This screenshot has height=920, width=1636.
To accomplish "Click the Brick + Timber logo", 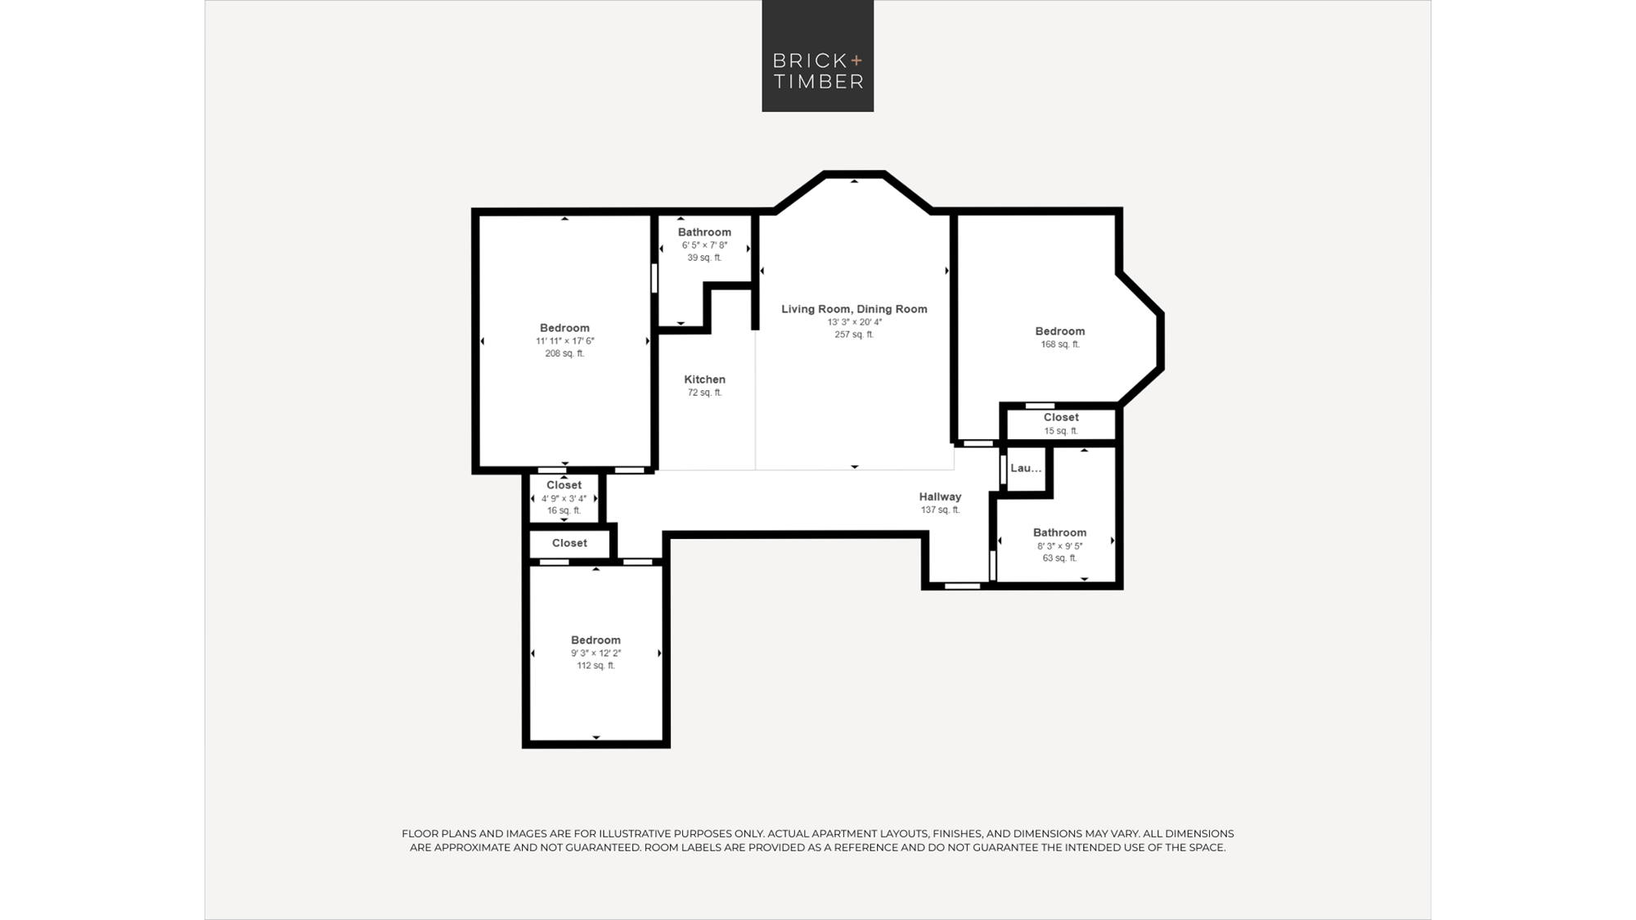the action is point(817,56).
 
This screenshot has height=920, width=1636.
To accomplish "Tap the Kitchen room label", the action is point(704,379).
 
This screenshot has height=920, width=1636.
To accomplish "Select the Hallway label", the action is point(940,496).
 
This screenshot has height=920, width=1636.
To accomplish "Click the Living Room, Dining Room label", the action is point(854,309).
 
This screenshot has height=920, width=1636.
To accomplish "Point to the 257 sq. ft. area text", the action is point(854,334).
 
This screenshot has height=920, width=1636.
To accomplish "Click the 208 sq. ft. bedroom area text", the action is point(564,353).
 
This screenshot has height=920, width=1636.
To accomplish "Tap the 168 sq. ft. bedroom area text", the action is point(1060,344).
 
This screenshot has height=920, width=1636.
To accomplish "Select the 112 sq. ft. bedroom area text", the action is point(596,666).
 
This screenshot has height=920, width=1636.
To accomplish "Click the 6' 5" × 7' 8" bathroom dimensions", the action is point(704,245).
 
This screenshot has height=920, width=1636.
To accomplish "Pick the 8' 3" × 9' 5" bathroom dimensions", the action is point(1059,546).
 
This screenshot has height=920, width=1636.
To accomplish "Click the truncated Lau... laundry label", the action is point(1026,468).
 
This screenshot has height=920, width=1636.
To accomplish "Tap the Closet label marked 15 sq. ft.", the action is point(1061,417).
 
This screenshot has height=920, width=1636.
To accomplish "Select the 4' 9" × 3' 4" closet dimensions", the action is point(564,498).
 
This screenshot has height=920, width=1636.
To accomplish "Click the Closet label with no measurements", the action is point(569,543).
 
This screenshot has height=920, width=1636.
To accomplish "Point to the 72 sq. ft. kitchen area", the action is point(704,393).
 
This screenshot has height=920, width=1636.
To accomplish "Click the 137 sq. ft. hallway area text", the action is point(940,509).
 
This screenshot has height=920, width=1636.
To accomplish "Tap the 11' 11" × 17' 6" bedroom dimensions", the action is point(564,341).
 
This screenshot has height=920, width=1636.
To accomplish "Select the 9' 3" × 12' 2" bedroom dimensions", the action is point(596,653).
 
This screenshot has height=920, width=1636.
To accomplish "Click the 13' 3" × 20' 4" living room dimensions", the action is point(854,322).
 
